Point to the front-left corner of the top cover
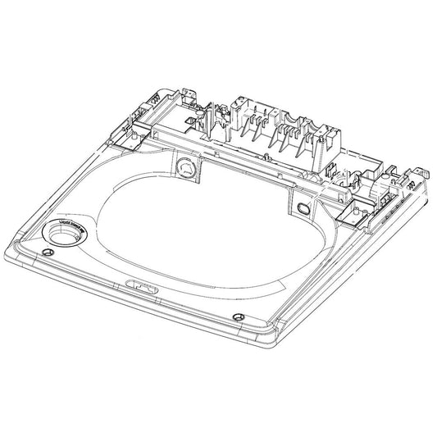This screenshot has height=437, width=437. pyautogui.click(x=10, y=246)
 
